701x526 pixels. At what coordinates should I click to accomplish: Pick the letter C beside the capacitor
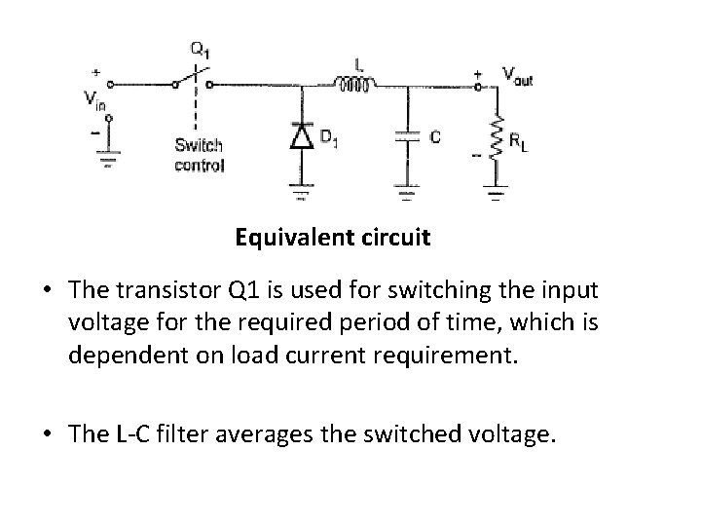pyautogui.click(x=434, y=137)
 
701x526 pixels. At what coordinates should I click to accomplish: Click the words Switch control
pyautogui.click(x=199, y=156)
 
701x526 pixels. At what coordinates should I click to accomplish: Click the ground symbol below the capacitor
pyautogui.click(x=407, y=194)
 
